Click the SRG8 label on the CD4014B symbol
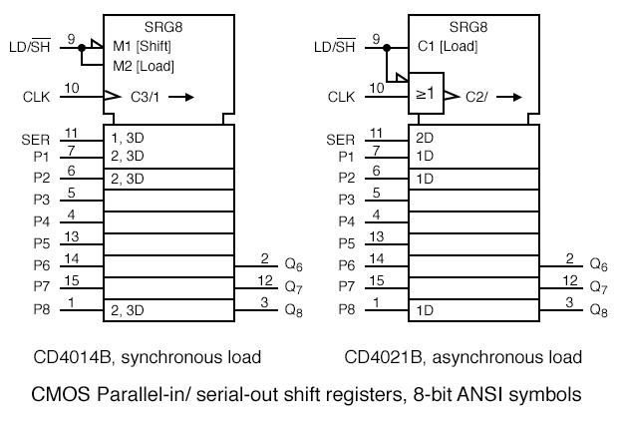point(167,27)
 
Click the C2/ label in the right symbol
point(476,97)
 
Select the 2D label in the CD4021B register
point(424,138)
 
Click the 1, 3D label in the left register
point(129,138)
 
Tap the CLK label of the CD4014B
point(36,97)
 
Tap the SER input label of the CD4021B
point(342,140)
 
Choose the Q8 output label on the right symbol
point(598,310)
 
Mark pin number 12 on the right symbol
point(570,280)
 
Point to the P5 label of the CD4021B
point(346,243)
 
